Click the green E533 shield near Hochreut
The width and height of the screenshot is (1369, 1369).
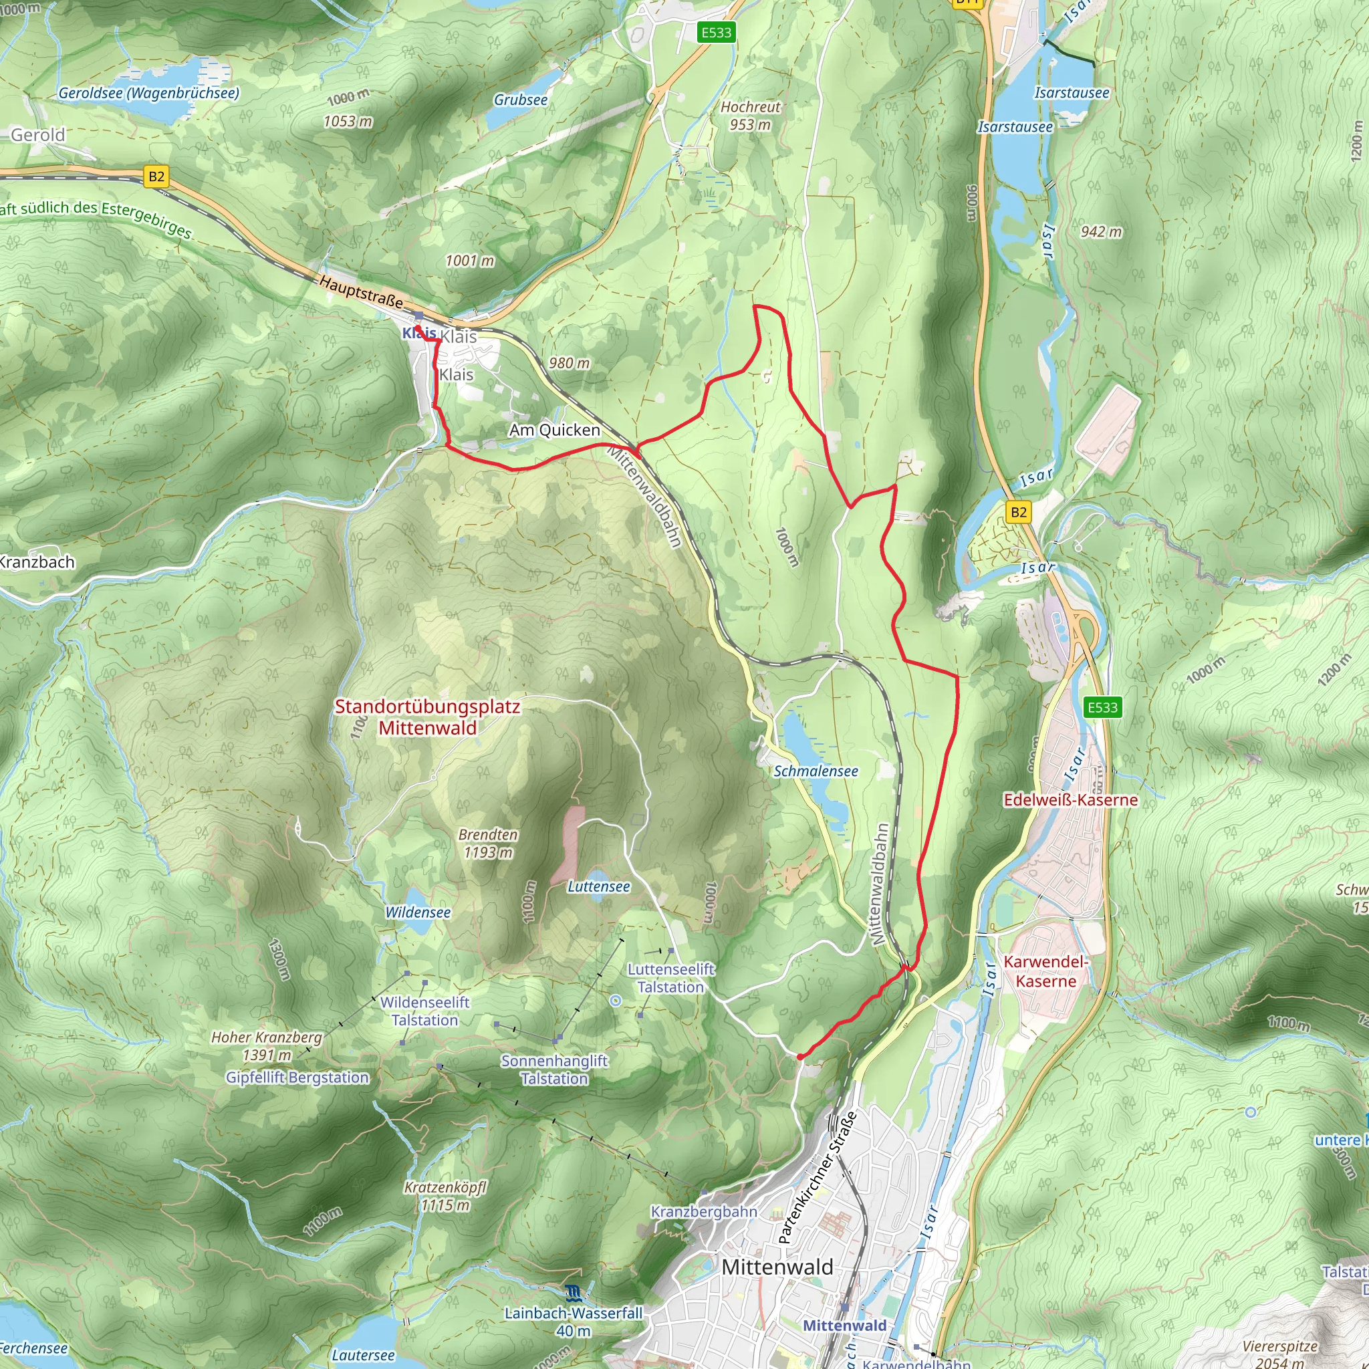[716, 33]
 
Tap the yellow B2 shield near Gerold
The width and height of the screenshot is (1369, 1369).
[156, 176]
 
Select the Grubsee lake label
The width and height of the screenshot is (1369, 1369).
[521, 100]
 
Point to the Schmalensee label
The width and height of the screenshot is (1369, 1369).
[816, 771]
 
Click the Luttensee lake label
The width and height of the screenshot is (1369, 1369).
[599, 886]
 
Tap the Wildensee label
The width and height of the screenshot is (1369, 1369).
[417, 912]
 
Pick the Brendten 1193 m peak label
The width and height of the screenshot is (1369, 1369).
[487, 843]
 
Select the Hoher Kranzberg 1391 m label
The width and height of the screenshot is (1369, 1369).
[267, 1046]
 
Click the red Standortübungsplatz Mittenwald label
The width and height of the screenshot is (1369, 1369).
[427, 717]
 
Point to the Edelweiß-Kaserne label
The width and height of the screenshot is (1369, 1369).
[1070, 800]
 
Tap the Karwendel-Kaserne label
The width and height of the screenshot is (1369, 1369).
[1045, 971]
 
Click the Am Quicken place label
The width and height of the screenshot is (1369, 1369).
[554, 430]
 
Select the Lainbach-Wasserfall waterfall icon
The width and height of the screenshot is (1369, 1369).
[573, 1293]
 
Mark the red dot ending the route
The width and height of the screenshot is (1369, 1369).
[800, 1057]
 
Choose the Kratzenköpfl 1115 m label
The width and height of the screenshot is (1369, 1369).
[446, 1196]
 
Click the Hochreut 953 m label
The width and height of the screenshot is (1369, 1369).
[751, 116]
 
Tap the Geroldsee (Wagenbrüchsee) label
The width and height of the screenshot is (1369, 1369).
[149, 93]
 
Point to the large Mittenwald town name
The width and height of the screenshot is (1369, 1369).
[777, 1267]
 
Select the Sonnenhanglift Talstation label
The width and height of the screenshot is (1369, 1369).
[554, 1070]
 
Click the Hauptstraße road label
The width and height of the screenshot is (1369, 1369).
[361, 292]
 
